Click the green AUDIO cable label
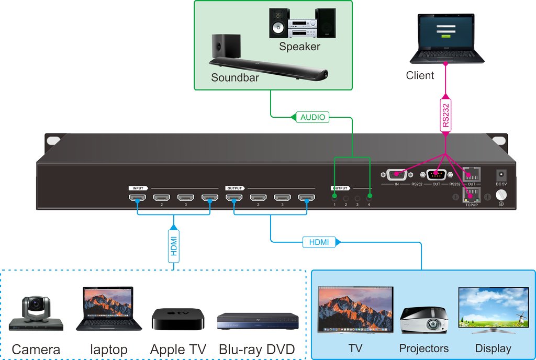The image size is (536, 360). click(x=312, y=117)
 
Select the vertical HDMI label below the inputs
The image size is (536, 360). click(x=174, y=244)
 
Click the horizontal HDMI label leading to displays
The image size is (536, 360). click(x=318, y=242)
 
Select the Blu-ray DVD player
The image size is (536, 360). click(x=258, y=321)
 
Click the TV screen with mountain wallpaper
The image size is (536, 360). click(x=356, y=310)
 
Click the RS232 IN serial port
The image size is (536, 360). click(x=396, y=174)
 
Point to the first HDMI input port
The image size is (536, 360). click(x=138, y=198)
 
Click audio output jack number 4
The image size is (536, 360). click(x=370, y=198)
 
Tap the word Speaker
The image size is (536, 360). click(x=299, y=47)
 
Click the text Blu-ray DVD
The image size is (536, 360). click(x=257, y=349)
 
